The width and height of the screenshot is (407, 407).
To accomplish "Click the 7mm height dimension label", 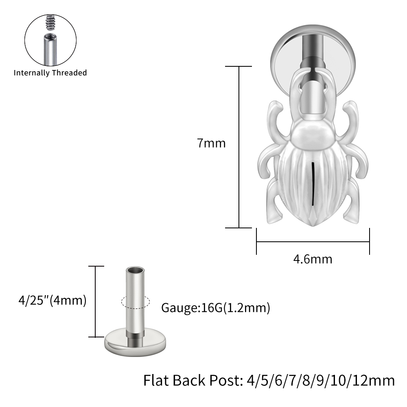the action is (x=211, y=143).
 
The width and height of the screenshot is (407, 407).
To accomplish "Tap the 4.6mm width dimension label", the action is (x=313, y=259).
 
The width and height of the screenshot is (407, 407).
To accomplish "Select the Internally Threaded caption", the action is (x=50, y=73).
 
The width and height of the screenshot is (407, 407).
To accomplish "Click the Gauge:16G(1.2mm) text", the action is (x=216, y=308).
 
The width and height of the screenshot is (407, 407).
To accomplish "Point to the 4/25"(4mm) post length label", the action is (x=53, y=300).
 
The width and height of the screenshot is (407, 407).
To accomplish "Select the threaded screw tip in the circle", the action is (x=50, y=22).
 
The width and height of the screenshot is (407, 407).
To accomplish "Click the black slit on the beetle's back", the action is (x=313, y=184).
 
